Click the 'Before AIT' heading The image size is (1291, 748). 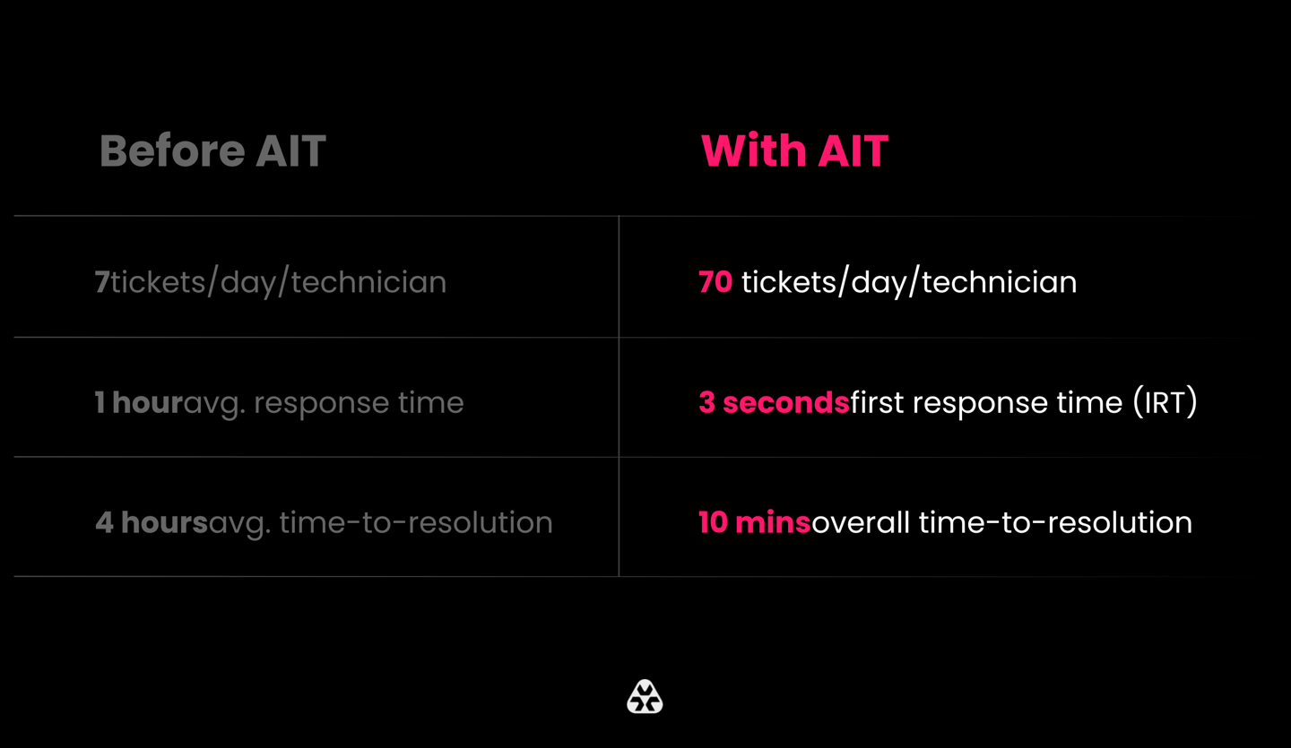pos(212,150)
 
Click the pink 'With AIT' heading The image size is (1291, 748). pos(794,150)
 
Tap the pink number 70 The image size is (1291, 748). pos(715,282)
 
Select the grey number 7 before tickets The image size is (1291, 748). pos(102,282)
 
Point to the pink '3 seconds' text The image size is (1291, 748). pos(774,402)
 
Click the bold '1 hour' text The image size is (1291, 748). pos(139,402)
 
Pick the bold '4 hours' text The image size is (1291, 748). pos(152,523)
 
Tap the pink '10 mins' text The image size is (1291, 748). pos(755,523)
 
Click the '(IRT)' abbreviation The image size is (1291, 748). pos(1165,402)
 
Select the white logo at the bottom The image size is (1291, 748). pos(645,697)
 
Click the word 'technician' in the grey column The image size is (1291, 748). pos(368,282)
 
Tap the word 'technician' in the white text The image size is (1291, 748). pos(999,282)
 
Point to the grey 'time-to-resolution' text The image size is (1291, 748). pos(416,523)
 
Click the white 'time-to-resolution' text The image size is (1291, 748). pos(1055,523)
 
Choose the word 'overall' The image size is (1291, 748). pos(861,523)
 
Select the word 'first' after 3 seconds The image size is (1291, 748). pos(877,402)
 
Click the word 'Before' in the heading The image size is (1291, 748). pos(172,150)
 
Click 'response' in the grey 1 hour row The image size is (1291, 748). pos(321,404)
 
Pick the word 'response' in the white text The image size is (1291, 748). pos(981,404)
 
